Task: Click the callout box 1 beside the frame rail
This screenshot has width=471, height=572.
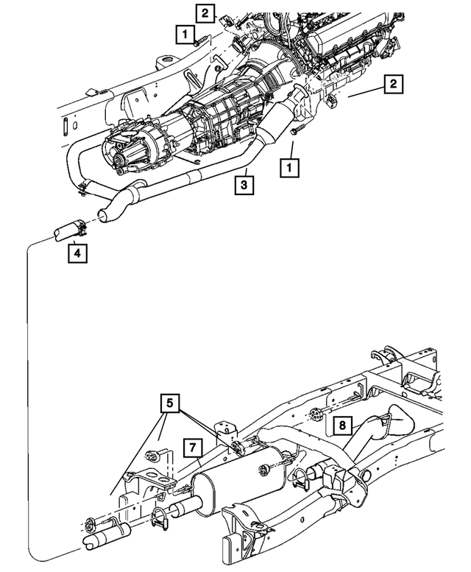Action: click(x=185, y=33)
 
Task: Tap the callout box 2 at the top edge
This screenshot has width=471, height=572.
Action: click(x=206, y=12)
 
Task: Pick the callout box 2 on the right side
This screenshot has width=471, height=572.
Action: click(x=393, y=85)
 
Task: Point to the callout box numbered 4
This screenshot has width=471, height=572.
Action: click(x=77, y=254)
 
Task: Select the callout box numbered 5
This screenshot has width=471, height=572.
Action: click(x=171, y=403)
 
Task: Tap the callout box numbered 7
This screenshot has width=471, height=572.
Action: click(x=191, y=447)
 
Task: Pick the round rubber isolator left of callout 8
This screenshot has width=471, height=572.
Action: click(x=315, y=416)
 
